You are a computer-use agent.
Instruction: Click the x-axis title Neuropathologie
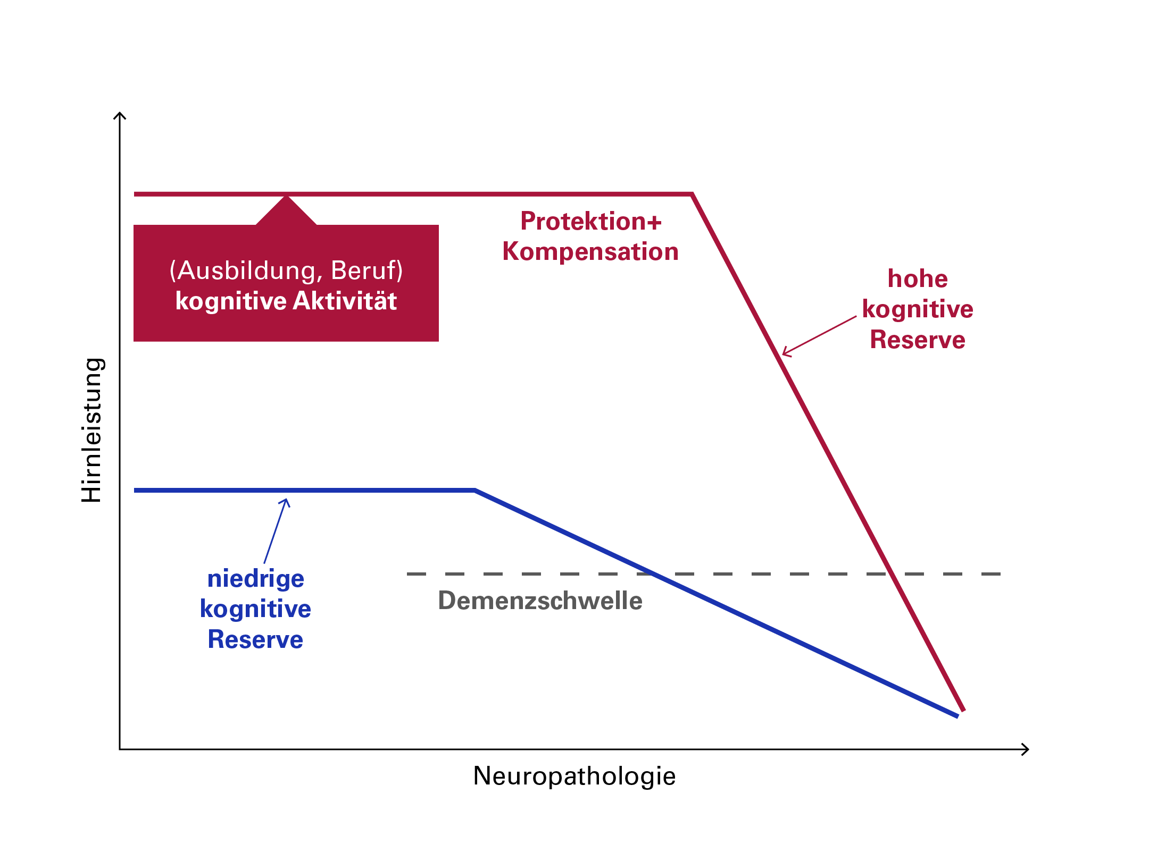574,776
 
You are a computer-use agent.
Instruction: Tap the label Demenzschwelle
540,601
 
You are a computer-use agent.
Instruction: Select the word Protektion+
590,222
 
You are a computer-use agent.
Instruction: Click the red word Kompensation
590,252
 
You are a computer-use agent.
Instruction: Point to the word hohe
918,279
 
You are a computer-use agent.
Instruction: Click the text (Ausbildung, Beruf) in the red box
286,271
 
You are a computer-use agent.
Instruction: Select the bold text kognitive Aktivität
286,301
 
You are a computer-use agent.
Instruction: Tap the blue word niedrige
255,579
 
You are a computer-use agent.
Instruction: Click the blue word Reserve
255,639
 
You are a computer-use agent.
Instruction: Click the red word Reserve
918,340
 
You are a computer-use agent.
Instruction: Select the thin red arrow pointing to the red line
819,336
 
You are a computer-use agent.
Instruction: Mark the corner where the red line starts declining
692,195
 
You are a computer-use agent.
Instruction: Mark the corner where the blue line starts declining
474,491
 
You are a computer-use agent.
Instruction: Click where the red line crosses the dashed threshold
891,574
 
